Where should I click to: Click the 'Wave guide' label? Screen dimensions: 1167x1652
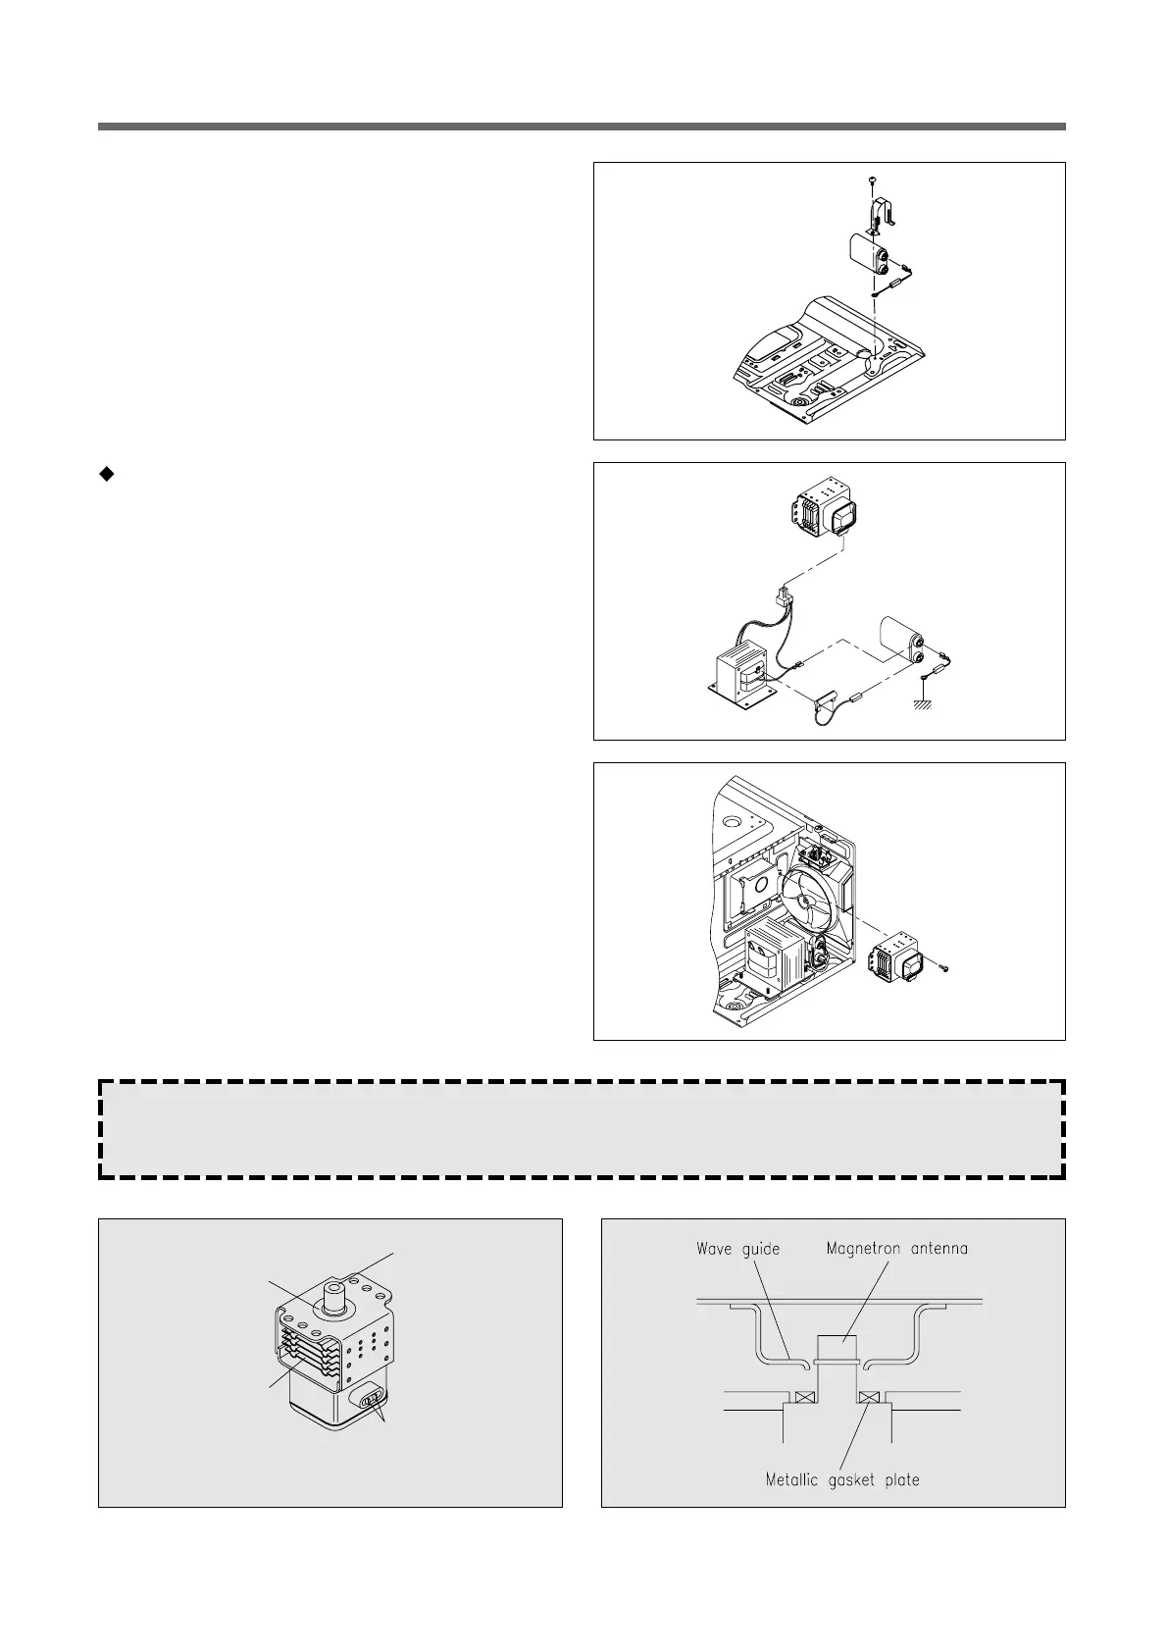coord(737,1249)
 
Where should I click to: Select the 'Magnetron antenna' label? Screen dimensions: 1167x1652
coord(896,1249)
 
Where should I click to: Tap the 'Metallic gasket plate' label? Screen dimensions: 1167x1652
coord(842,1479)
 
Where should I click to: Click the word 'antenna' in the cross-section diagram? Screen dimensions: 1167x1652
coord(935,1249)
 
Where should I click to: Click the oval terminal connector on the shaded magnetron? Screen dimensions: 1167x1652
coord(373,1398)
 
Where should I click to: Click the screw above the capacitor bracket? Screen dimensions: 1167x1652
coord(872,180)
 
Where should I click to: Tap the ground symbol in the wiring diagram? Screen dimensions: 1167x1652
coord(923,701)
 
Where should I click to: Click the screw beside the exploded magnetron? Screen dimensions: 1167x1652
coord(944,969)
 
